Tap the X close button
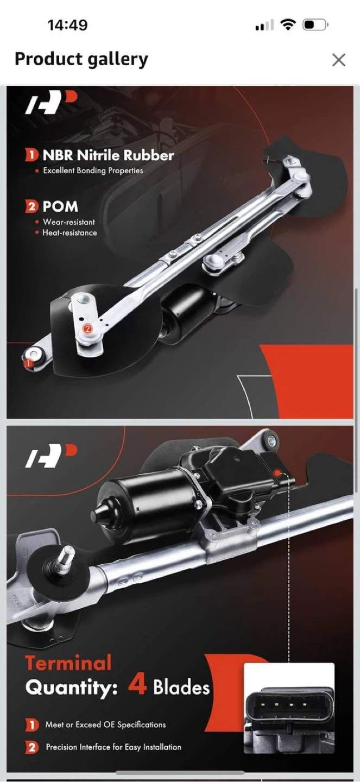pos(339,60)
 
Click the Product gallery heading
pos(81,59)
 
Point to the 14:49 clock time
pos(67,25)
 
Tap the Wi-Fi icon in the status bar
pos(288,25)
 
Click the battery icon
pos(315,25)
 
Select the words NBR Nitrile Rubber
pos(108,155)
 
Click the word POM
pos(60,207)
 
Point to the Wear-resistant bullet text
pos(69,222)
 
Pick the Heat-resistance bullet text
pos(70,233)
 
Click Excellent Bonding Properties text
pos(93,171)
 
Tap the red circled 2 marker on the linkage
pos(87,329)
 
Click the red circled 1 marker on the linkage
pos(28,363)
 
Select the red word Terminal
pos(68,663)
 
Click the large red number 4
pos(137,685)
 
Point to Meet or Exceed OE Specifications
pos(105,725)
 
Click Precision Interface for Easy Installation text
pos(113,747)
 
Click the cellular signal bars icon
pos(264,25)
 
